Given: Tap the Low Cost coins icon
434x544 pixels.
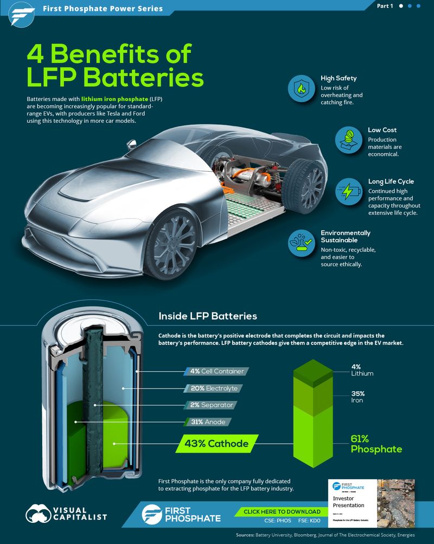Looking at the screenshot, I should [x=349, y=140].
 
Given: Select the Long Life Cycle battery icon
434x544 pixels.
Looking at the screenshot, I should [x=349, y=191].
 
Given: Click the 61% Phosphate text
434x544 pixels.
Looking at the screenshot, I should [x=376, y=444].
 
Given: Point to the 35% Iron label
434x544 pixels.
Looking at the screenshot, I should [x=358, y=397].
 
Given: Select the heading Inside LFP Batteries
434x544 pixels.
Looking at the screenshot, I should [x=207, y=316].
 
